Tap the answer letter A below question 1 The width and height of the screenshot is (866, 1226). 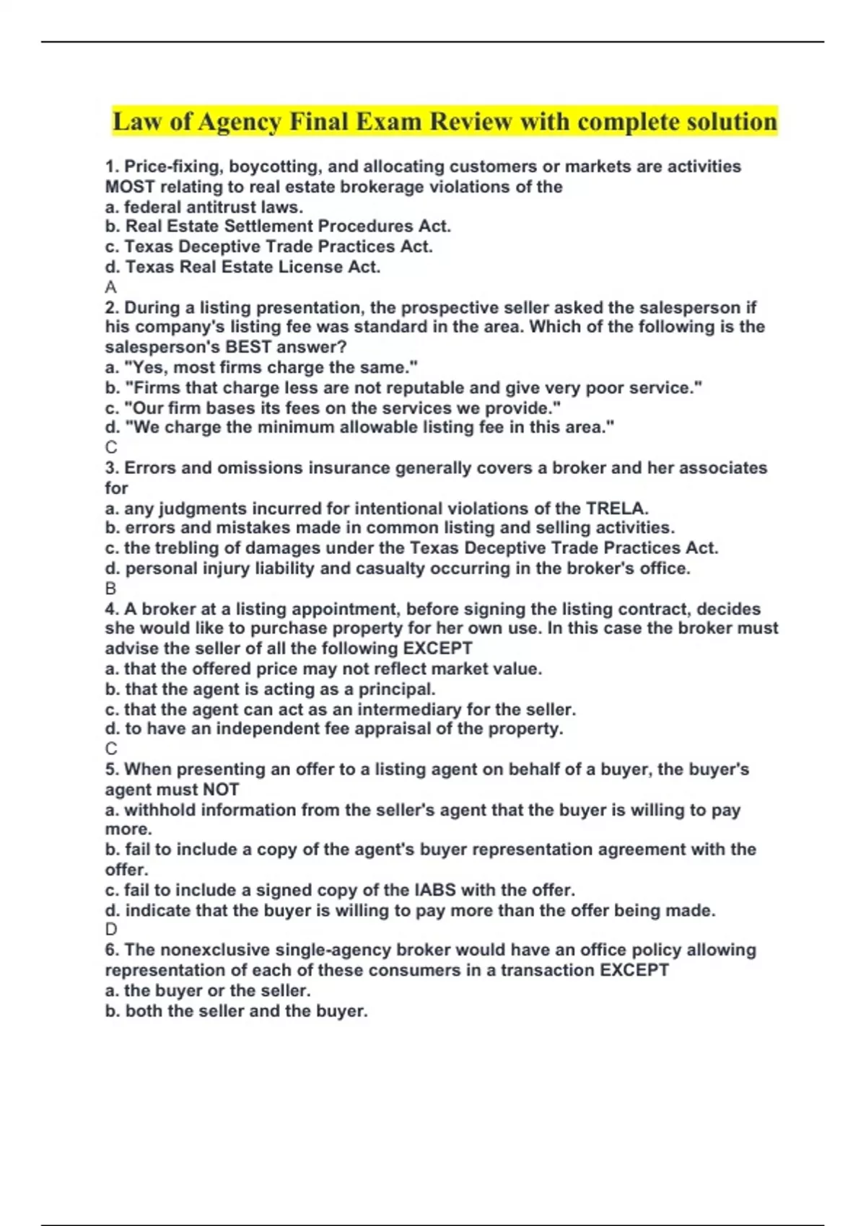click(110, 287)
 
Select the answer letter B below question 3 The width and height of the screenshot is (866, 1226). click(110, 588)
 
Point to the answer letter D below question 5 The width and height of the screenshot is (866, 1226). click(111, 930)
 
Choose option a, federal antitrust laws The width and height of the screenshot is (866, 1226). click(204, 207)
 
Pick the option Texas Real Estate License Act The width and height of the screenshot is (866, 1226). click(242, 267)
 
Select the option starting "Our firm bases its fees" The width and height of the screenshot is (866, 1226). click(333, 408)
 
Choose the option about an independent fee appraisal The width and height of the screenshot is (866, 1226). click(334, 728)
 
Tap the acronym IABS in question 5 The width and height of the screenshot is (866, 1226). click(434, 890)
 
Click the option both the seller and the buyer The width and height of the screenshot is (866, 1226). click(237, 1011)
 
